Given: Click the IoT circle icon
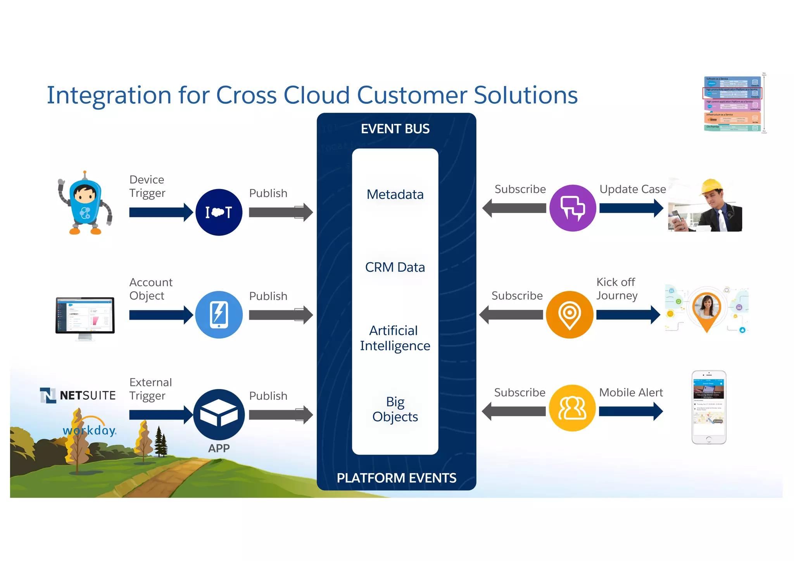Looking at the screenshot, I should pyautogui.click(x=219, y=212).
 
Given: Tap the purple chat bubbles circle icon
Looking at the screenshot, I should pyautogui.click(x=573, y=208).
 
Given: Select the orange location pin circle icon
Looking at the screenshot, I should pyautogui.click(x=570, y=315).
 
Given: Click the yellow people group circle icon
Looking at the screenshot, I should pyautogui.click(x=572, y=408).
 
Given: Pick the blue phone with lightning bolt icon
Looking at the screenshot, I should pyautogui.click(x=219, y=315).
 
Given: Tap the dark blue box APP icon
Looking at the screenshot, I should pyautogui.click(x=219, y=415).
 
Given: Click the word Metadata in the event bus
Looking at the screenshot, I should pyautogui.click(x=395, y=194).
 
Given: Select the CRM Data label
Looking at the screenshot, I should pyautogui.click(x=395, y=267).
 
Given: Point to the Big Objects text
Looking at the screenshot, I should pyautogui.click(x=395, y=409).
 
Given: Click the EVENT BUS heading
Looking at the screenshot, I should pyautogui.click(x=395, y=129).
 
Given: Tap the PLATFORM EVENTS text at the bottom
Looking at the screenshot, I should pyautogui.click(x=396, y=478).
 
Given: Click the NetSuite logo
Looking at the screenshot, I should pyautogui.click(x=78, y=395).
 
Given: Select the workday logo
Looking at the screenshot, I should pyautogui.click(x=90, y=430).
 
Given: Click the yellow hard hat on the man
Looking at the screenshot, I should pyautogui.click(x=712, y=186).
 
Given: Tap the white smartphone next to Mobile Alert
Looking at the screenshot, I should pyautogui.click(x=709, y=407).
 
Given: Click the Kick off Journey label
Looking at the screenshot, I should pyautogui.click(x=616, y=289).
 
